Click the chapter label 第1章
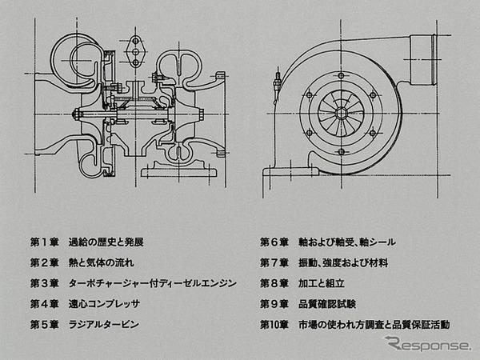point(44,242)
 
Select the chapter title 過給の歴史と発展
point(106,242)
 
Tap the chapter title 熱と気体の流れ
point(102,263)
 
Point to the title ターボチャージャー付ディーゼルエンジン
point(153,283)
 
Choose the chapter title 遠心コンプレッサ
point(104,304)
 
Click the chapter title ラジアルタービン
point(104,325)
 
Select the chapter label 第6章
point(274,242)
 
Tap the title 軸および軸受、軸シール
point(347,242)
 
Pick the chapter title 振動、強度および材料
point(343,263)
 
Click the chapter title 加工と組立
point(322,283)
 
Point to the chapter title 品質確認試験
point(327,304)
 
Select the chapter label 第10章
point(274,325)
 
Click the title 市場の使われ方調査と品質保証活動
point(374,325)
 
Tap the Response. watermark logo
point(427,343)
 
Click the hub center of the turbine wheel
point(341,114)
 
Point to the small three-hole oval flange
point(136,51)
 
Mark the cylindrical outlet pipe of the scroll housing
point(422,60)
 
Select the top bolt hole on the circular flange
point(342,76)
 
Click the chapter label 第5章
point(44,325)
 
